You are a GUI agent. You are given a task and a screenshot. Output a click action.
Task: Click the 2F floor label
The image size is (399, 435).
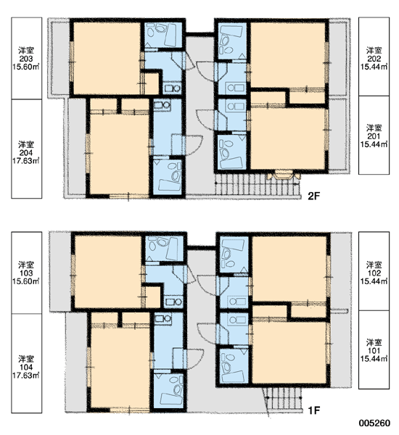coord(313,196)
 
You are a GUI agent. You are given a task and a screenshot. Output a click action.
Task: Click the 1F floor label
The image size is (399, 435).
coord(314,410)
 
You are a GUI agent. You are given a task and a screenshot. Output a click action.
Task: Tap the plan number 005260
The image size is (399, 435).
coord(374,423)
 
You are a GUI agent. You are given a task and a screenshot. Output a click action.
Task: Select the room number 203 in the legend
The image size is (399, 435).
coord(26,59)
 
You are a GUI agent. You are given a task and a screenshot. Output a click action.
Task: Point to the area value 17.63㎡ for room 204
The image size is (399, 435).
coord(26,161)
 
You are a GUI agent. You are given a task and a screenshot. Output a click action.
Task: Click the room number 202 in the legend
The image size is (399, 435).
coord(374,59)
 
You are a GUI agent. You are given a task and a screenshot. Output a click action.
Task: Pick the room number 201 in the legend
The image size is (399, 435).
coord(374,136)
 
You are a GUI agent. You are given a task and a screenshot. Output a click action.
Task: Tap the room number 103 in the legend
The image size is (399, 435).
coord(26,273)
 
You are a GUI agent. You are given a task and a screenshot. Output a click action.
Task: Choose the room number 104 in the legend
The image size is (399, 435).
coord(26,368)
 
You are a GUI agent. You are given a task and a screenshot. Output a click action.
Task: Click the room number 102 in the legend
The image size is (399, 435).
coord(374,273)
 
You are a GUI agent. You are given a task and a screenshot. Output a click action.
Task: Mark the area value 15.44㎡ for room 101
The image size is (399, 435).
coord(374,359)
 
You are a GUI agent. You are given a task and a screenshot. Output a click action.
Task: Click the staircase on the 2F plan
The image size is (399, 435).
coord(257,184)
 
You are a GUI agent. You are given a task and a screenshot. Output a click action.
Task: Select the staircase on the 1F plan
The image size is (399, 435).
coord(283,398)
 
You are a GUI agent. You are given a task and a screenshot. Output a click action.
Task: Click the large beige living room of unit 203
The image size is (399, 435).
coord(107,58)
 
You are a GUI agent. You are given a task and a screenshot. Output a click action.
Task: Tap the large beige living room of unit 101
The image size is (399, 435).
coord(289,352)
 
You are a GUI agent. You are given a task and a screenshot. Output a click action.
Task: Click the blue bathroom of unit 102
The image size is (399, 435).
coord(234,254)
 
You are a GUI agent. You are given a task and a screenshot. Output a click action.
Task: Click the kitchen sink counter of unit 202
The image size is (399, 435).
coord(236,88)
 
